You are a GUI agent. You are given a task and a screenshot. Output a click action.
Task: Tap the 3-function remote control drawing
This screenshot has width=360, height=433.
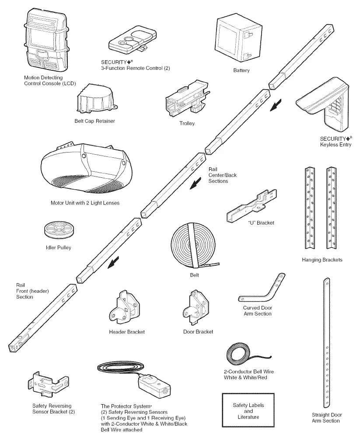(x=132, y=41)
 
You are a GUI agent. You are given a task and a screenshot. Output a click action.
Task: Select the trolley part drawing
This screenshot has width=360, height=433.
(x=187, y=97)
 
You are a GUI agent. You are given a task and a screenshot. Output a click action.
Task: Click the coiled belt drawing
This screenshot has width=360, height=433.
(x=193, y=246)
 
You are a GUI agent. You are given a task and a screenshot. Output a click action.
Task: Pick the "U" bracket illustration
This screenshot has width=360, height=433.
(x=252, y=205)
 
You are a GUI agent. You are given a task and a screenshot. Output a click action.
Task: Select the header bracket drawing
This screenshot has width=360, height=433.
(x=124, y=307)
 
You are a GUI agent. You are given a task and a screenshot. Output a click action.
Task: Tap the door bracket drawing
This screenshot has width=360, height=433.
(x=196, y=307)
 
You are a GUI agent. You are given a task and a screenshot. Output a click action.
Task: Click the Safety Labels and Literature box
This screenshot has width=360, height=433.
(x=248, y=410)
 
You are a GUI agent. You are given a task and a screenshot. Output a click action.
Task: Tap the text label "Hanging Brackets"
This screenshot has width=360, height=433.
(x=322, y=260)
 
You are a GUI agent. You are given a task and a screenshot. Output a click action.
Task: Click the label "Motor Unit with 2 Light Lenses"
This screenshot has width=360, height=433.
(x=85, y=203)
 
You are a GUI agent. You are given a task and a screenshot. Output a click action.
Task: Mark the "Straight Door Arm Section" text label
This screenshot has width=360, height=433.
(x=327, y=418)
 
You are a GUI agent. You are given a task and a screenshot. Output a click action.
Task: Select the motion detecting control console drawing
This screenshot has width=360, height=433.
(x=47, y=41)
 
